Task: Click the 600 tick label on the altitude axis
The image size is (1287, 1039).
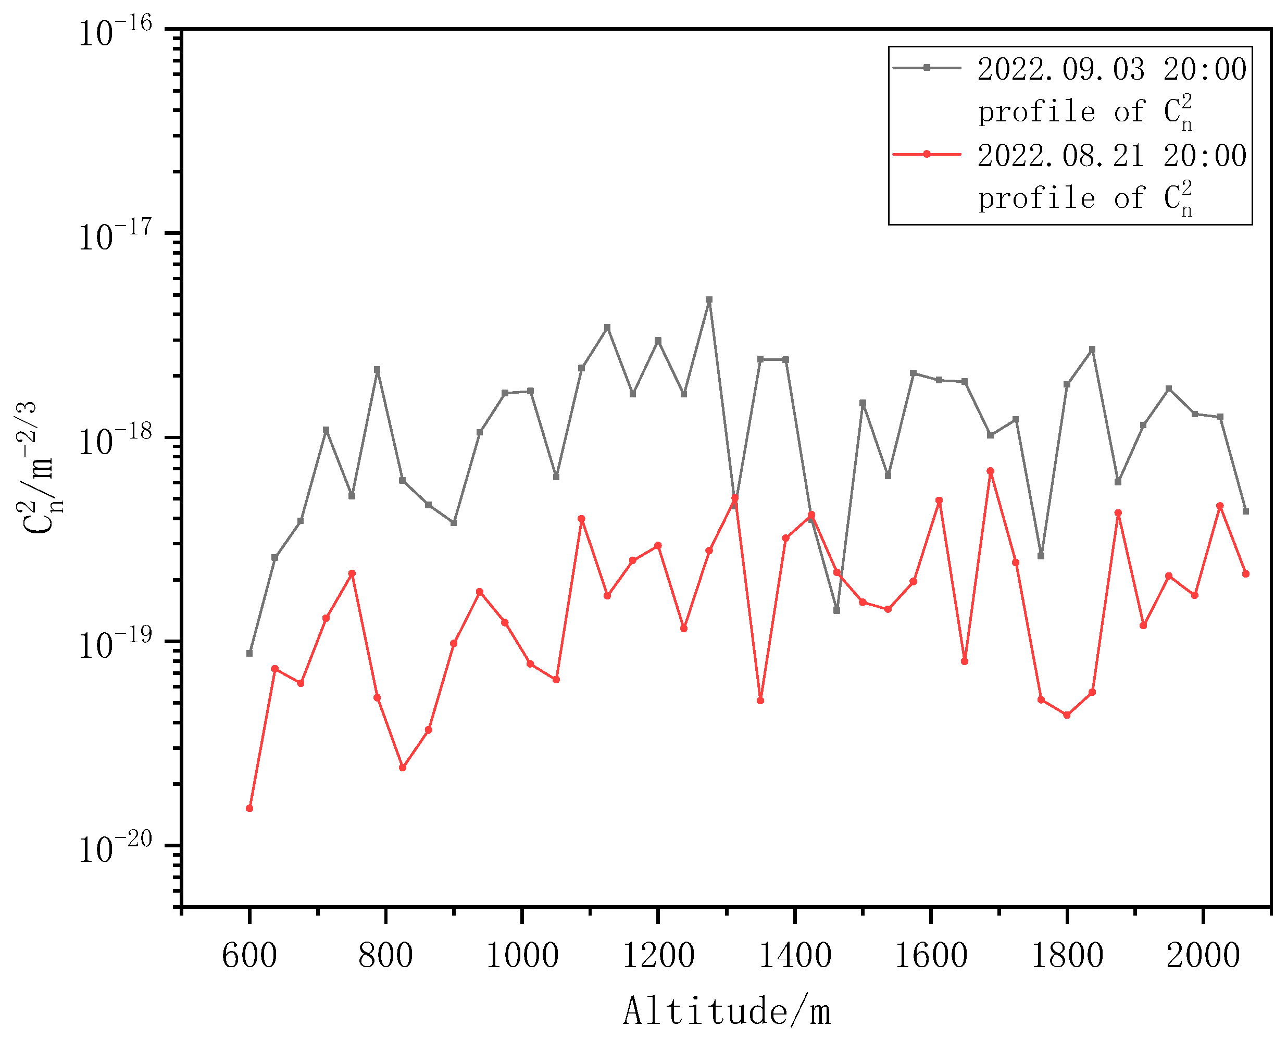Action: pyautogui.click(x=249, y=955)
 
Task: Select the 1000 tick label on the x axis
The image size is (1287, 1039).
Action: pyautogui.click(x=522, y=955)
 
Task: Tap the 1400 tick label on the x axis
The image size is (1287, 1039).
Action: pyautogui.click(x=794, y=955)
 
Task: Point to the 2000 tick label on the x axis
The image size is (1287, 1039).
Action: pyautogui.click(x=1203, y=955)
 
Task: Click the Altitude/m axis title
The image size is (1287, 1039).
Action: pyautogui.click(x=726, y=1011)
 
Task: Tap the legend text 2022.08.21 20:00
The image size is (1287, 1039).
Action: pyautogui.click(x=1112, y=155)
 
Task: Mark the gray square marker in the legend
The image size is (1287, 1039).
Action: pyautogui.click(x=927, y=68)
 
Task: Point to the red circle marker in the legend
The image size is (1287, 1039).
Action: pyautogui.click(x=927, y=154)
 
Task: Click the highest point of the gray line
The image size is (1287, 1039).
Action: pyautogui.click(x=709, y=300)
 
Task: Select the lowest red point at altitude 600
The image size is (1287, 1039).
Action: pyautogui.click(x=249, y=808)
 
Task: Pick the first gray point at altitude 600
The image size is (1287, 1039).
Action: pyautogui.click(x=249, y=653)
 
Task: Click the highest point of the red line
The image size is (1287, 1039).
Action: pyautogui.click(x=990, y=471)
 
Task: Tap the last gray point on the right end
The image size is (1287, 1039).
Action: pyautogui.click(x=1246, y=511)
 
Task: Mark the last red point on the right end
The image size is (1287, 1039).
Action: pyautogui.click(x=1246, y=573)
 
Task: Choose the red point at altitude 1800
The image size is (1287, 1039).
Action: pyautogui.click(x=1067, y=715)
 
